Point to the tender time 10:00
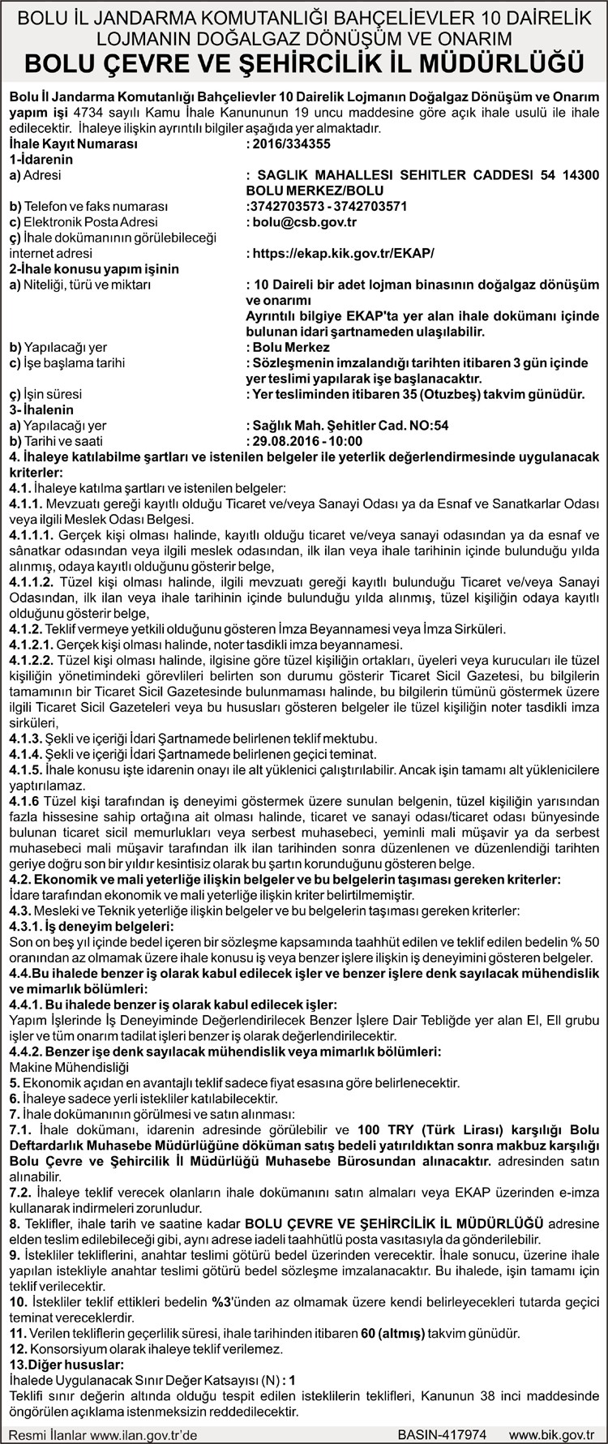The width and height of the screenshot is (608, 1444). [x=346, y=441]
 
